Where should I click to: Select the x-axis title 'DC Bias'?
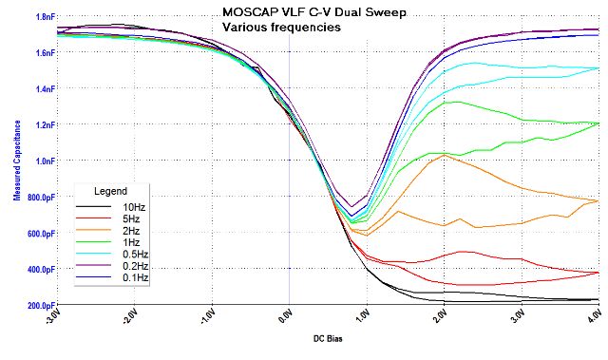coord(329,338)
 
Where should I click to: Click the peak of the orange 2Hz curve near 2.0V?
coord(443,156)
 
